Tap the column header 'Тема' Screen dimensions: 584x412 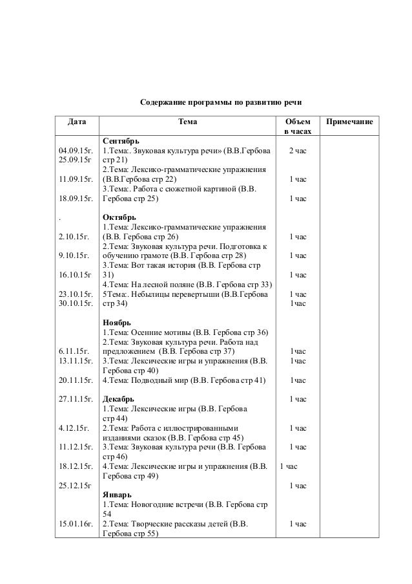[188, 121]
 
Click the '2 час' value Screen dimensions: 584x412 [297, 151]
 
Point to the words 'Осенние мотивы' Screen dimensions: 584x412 [162, 332]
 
